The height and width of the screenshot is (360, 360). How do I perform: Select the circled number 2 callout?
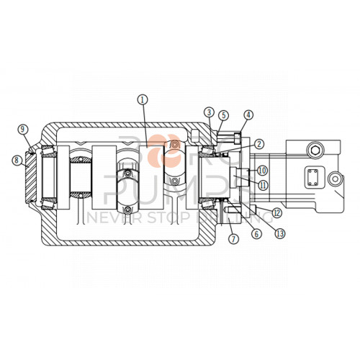click(258, 143)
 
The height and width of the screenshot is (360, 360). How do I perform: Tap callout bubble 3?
click(209, 112)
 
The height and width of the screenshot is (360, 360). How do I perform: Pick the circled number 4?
click(248, 114)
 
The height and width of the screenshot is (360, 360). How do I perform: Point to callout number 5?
click(224, 114)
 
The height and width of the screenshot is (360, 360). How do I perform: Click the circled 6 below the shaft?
click(255, 233)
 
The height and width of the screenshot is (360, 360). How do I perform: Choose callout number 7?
click(232, 238)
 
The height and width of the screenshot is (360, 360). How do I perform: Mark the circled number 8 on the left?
click(17, 161)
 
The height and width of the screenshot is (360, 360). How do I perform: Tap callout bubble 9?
click(23, 130)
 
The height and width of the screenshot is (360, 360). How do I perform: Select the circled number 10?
click(262, 170)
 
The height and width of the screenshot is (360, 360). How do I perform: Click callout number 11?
click(264, 184)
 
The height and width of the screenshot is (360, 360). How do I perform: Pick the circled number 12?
click(276, 212)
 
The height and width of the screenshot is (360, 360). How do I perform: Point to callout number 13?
click(279, 233)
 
